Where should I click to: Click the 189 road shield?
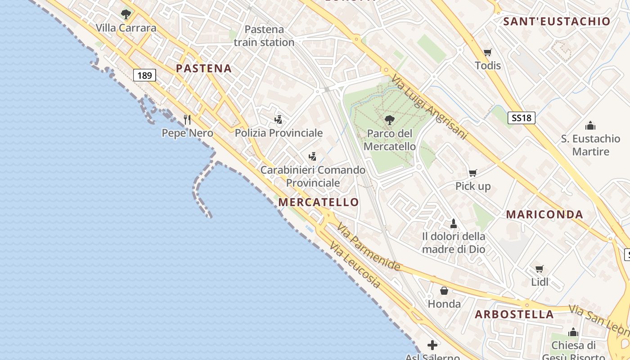(x=144, y=75)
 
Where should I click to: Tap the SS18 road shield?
(x=522, y=118)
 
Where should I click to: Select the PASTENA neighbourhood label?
(x=204, y=68)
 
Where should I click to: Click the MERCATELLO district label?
(x=319, y=202)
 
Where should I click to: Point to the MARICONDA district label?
(x=544, y=215)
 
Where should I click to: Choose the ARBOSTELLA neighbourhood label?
(x=514, y=314)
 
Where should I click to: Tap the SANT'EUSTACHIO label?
(x=557, y=21)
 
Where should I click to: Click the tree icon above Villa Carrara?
(x=126, y=14)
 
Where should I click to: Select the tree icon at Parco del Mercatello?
(x=390, y=120)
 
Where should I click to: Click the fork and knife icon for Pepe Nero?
(x=188, y=119)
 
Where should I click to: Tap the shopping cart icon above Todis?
(x=487, y=52)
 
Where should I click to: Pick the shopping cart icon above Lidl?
(x=540, y=269)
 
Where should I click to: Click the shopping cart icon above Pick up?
(x=473, y=173)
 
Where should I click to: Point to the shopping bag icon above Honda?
(x=444, y=291)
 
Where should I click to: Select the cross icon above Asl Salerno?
(x=432, y=345)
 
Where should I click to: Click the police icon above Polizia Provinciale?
(x=279, y=119)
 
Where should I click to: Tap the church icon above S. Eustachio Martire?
(x=590, y=125)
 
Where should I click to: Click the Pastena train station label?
(x=264, y=36)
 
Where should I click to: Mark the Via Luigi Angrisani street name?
(x=430, y=107)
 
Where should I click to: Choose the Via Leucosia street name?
(x=355, y=265)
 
